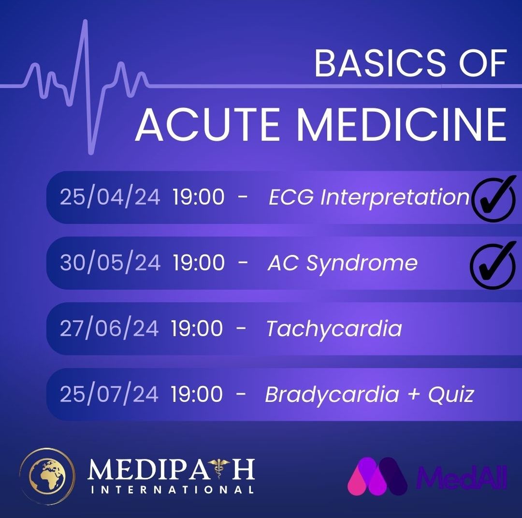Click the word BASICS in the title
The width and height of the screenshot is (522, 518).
(380, 63)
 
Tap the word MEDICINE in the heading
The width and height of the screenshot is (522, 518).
(401, 124)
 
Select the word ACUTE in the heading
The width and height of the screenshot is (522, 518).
(208, 124)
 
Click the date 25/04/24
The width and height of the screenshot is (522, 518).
(110, 196)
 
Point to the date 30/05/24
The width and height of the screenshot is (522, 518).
(110, 262)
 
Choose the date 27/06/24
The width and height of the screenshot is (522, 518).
(109, 328)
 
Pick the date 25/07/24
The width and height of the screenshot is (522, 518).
(109, 394)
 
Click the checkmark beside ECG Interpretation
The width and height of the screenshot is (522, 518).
(493, 199)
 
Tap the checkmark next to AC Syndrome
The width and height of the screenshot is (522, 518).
(493, 265)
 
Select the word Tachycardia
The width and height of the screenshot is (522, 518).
(334, 329)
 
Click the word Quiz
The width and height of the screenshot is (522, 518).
(451, 394)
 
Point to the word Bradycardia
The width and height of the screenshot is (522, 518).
(332, 395)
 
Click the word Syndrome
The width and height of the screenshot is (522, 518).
(362, 263)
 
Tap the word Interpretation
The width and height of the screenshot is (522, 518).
(394, 197)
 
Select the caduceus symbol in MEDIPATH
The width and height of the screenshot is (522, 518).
(218, 468)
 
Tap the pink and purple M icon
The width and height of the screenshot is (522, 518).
(377, 476)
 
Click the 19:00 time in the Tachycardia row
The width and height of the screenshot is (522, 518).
(197, 328)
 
